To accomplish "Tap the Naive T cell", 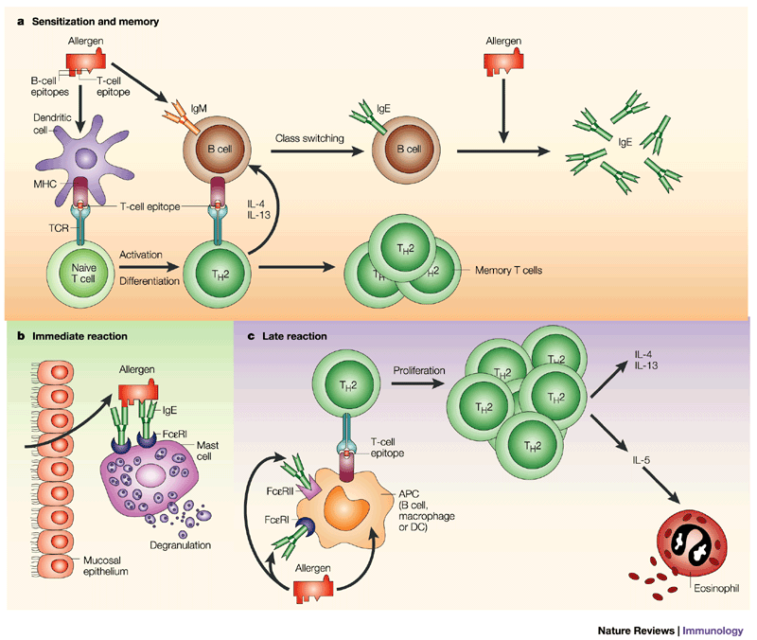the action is click(83, 274).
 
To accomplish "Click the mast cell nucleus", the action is click(150, 477).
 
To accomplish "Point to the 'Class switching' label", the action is click(309, 138).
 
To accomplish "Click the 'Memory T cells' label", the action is click(508, 270).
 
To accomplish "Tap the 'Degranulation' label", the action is click(180, 544).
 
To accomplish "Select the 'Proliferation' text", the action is click(418, 370).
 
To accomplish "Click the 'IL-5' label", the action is click(642, 460).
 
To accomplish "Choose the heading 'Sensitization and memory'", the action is click(96, 21).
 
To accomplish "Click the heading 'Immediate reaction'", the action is click(79, 336).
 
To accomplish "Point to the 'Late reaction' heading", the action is click(294, 336).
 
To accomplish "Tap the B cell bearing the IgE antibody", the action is click(406, 150).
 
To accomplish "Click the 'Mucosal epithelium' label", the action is click(105, 565).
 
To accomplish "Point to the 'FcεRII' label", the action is click(280, 491).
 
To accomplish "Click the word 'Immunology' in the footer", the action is click(713, 631).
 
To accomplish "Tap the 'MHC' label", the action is click(44, 184).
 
